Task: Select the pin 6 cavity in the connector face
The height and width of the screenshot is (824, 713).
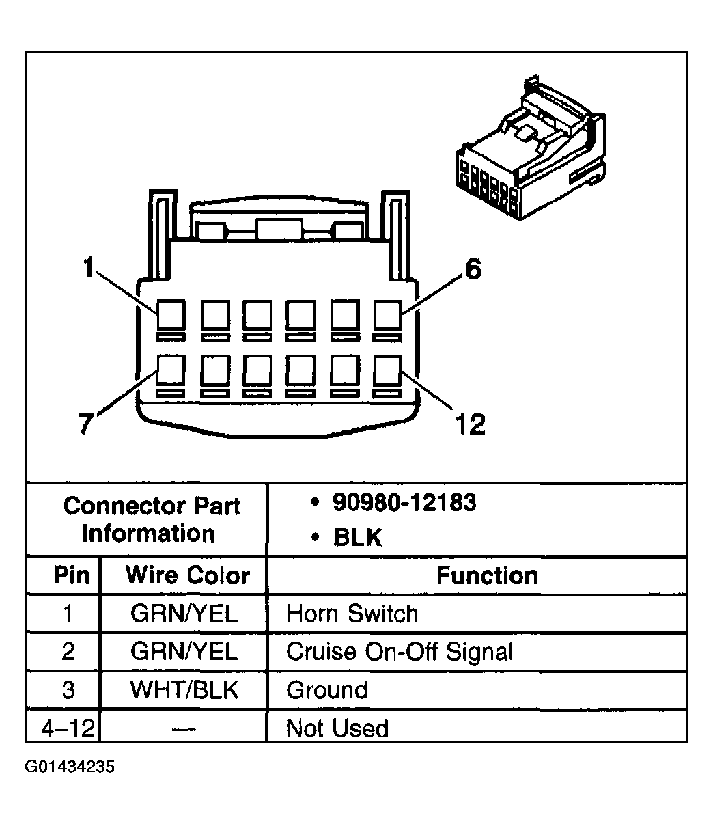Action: click(x=387, y=315)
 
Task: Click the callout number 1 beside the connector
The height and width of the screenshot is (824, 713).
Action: click(x=87, y=269)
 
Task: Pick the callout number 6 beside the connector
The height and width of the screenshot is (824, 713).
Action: click(x=473, y=270)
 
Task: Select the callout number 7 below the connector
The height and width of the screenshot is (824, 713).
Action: click(x=85, y=424)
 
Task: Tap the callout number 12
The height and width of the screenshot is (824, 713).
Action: click(x=470, y=425)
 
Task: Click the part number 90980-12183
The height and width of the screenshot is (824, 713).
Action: click(x=404, y=503)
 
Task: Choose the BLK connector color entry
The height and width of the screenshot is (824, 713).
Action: click(x=357, y=538)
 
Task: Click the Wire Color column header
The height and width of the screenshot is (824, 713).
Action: click(x=187, y=575)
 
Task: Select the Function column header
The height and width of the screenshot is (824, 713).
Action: click(x=487, y=575)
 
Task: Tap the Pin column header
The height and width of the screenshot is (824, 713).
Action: click(x=72, y=575)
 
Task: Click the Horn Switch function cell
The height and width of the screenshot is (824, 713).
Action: click(x=352, y=613)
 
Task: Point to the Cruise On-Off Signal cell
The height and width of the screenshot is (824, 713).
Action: click(x=399, y=651)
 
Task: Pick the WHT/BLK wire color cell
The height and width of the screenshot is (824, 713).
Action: click(x=184, y=689)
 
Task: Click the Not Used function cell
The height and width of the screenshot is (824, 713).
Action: click(x=337, y=728)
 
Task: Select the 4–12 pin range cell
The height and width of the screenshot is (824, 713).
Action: click(x=67, y=728)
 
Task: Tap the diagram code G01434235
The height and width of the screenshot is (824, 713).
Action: click(x=70, y=767)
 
